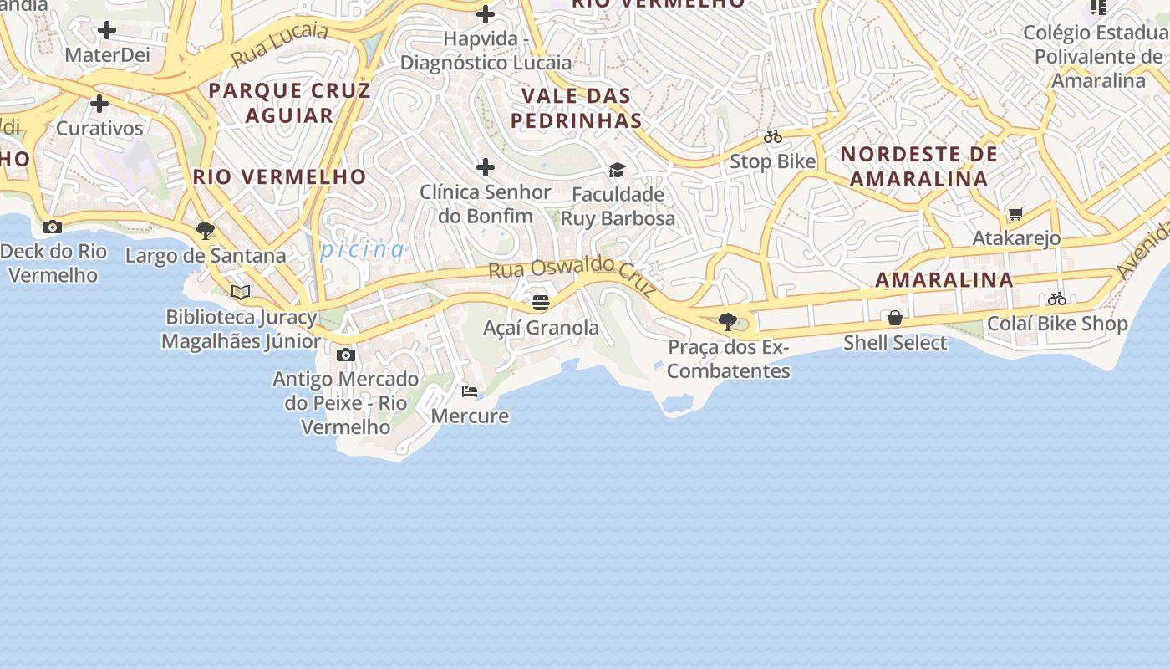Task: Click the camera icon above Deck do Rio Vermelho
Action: [53, 227]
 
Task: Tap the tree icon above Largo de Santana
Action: [205, 230]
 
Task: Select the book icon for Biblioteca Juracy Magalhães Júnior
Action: [241, 292]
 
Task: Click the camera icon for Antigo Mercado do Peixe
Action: [345, 355]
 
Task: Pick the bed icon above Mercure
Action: [470, 391]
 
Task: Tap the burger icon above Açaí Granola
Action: [541, 302]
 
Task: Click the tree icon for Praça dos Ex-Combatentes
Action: [728, 321]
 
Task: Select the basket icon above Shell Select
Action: [895, 318]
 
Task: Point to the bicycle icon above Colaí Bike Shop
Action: [1057, 299]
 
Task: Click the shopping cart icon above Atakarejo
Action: [1016, 213]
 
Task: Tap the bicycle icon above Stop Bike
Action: [773, 136]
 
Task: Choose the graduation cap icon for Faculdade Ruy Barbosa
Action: [617, 170]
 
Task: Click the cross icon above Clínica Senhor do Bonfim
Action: [486, 167]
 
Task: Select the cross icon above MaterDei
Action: [107, 31]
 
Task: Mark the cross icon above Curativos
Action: [99, 104]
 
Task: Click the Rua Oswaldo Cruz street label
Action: [572, 273]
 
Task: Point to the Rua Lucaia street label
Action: [280, 43]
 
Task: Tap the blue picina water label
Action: [363, 249]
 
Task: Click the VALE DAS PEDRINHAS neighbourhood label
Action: [577, 108]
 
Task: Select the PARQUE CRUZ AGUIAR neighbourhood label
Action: [289, 102]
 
